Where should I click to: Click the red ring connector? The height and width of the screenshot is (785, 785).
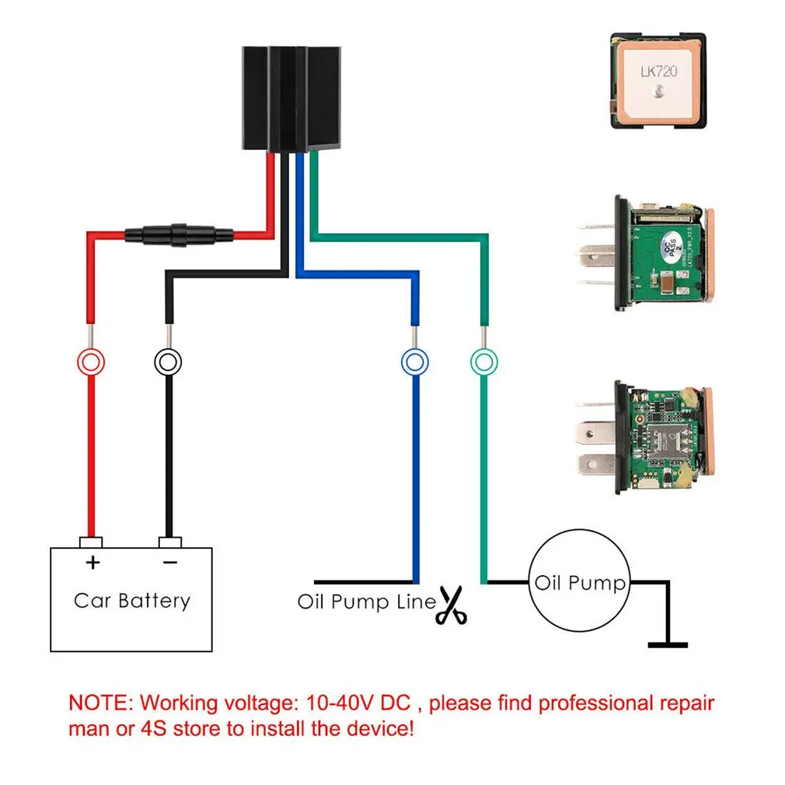(91, 361)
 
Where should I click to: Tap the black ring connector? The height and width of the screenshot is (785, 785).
(168, 361)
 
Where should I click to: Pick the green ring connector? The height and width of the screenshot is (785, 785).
(484, 361)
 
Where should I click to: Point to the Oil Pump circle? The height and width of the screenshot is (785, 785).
(580, 583)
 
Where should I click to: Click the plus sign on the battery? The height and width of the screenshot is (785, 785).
(92, 562)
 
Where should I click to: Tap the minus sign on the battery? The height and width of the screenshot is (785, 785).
(170, 562)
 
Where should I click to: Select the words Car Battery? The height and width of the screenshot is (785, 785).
(131, 600)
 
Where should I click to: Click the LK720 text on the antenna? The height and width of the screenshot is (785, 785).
(659, 72)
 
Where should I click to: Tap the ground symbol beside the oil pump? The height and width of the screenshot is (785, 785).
(668, 644)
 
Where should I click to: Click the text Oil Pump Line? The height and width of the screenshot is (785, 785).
(366, 602)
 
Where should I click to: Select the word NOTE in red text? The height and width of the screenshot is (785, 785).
(102, 703)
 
